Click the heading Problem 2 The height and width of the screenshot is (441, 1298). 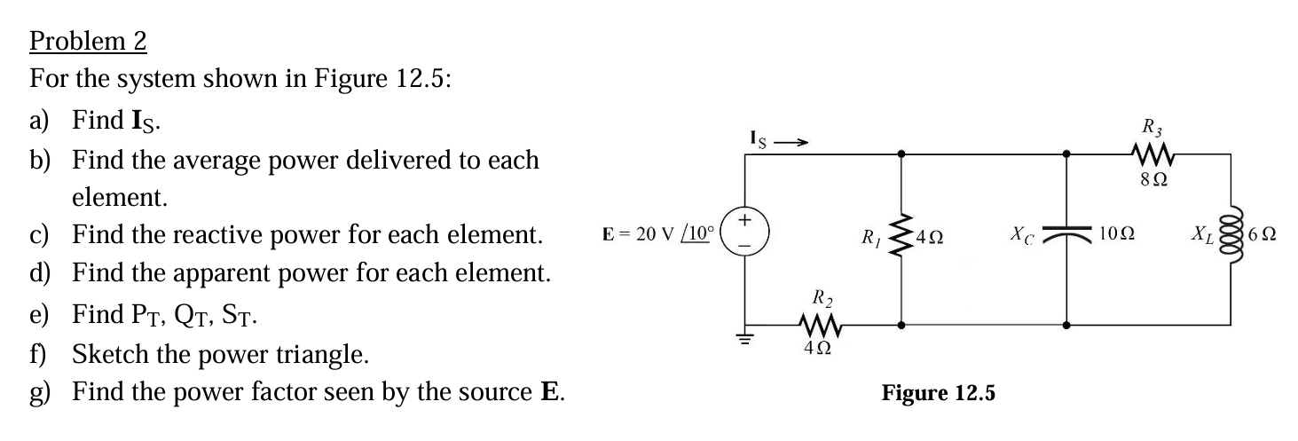tap(88, 41)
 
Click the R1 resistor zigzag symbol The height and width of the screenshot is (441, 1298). tap(902, 238)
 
